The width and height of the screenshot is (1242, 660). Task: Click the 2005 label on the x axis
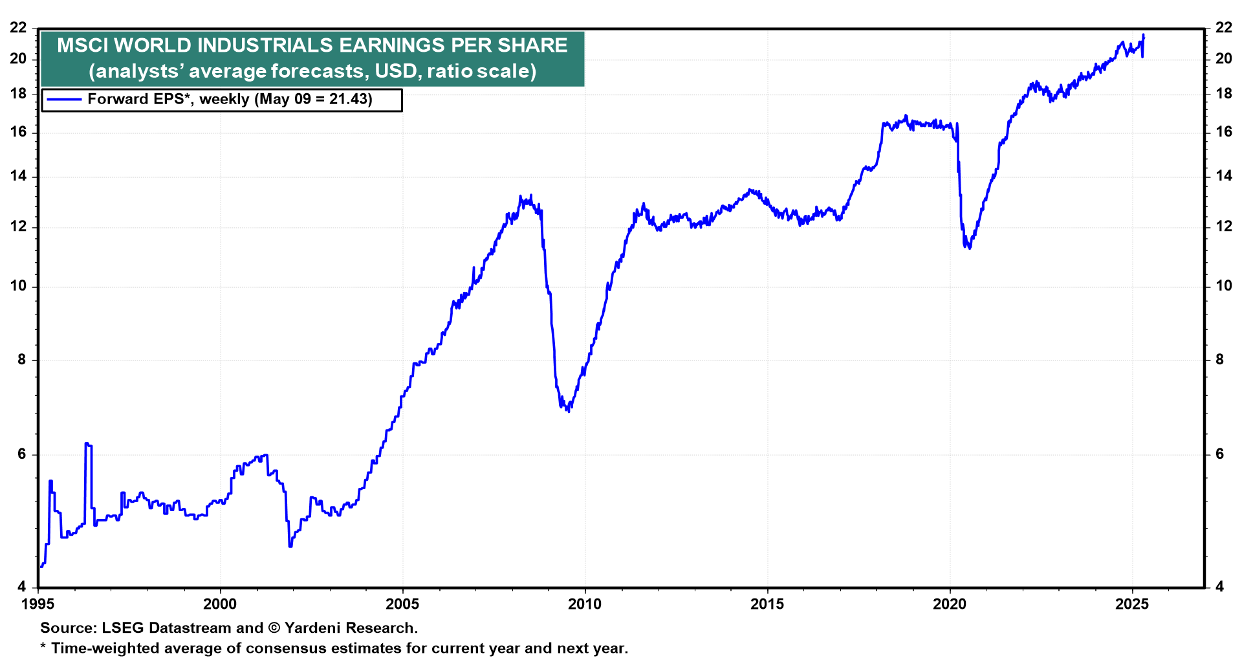point(402,604)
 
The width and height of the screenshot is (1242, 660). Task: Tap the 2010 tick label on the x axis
point(585,604)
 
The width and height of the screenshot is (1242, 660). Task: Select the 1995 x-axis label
point(38,604)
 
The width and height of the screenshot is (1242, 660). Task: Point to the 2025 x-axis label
point(1132,604)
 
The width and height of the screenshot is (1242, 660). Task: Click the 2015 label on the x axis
point(767,604)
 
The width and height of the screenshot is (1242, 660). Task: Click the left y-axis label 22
point(18,28)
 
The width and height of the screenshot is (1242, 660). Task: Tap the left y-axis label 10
point(18,286)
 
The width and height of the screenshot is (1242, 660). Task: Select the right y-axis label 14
point(1224,176)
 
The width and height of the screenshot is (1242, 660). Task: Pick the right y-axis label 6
point(1220,454)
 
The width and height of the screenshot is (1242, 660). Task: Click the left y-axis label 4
point(22,587)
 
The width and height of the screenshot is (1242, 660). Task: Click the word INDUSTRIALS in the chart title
point(265,45)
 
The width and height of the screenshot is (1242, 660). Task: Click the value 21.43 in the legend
point(350,100)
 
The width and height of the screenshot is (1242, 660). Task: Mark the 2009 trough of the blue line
point(568,410)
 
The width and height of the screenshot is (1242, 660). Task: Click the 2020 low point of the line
point(968,247)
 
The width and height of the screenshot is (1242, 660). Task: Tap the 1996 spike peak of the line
point(86,444)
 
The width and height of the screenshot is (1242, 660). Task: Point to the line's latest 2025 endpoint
point(1144,36)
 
